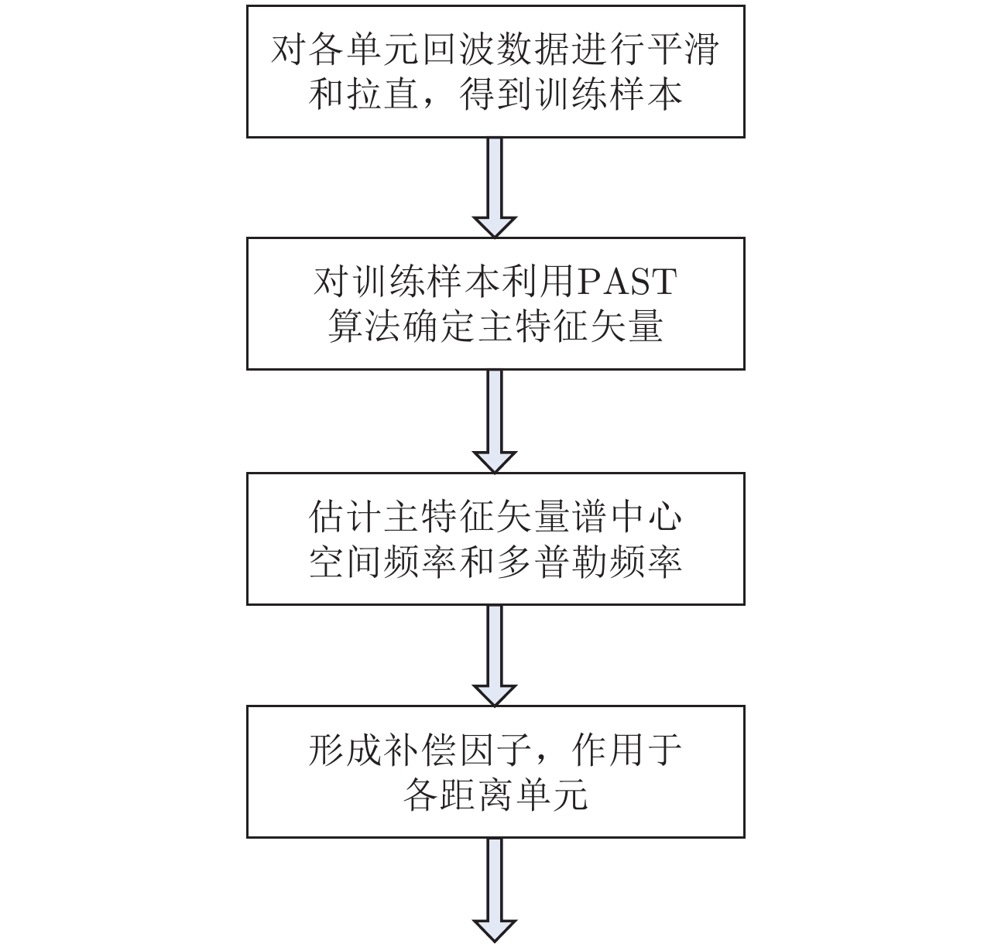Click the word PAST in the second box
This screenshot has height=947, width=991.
[627, 282]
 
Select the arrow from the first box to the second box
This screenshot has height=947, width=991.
[495, 186]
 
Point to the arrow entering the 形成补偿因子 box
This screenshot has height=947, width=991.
[495, 655]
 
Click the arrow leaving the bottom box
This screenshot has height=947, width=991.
[495, 890]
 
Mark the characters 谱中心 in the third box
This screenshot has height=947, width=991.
[626, 517]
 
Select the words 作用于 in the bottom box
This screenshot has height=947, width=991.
[626, 750]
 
